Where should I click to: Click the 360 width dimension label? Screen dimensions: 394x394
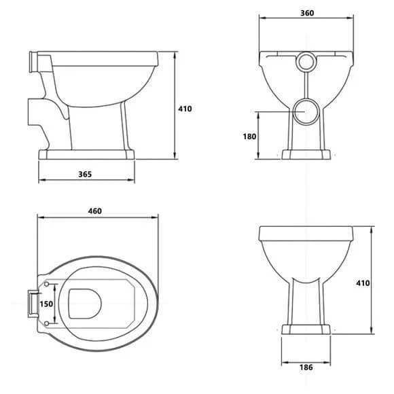coord(307,13)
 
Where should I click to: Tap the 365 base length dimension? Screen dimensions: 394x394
coord(85,174)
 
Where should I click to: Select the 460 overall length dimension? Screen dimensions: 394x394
coord(94,211)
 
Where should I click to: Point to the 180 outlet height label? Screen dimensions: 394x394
coord(249,137)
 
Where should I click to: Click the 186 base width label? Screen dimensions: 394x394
coord(306,368)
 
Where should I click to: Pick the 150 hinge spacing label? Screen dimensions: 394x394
coord(46,304)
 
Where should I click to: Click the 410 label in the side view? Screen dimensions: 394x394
coord(185,109)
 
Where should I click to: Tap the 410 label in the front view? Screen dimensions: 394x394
coord(363,283)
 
